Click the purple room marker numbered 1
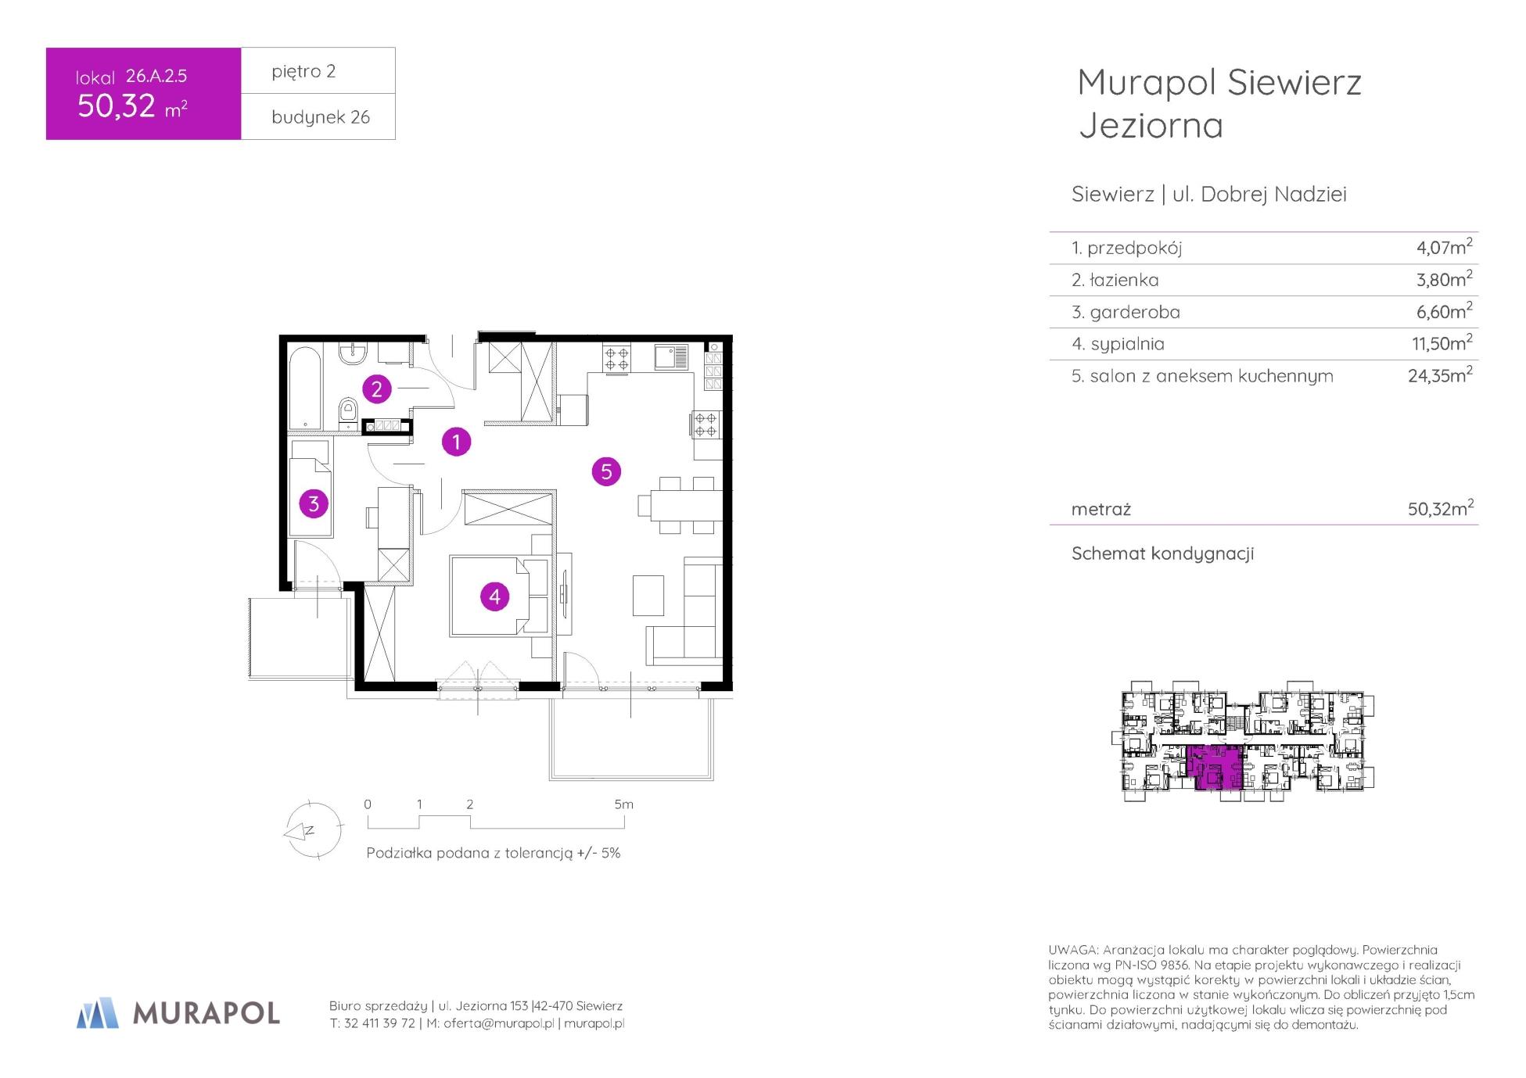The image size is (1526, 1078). pos(457,442)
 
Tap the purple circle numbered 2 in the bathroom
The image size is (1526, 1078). pos(377,389)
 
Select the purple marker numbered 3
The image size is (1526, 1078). pos(314,503)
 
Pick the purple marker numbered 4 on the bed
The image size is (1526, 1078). pos(494,596)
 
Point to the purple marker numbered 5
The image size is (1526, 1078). pos(606,471)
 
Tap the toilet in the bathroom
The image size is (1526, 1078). pos(348,411)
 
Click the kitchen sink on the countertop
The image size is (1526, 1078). pos(671,357)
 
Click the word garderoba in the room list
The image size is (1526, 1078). pos(1135,312)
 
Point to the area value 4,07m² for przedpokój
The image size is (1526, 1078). pos(1444,247)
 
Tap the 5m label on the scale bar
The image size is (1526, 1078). pos(623,804)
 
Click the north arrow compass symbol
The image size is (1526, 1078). pos(312,830)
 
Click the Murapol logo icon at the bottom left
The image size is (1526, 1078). pos(97,1012)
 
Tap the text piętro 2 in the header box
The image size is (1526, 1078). pos(303,71)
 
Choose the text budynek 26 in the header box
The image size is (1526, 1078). pos(321,117)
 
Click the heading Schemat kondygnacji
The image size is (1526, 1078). pos(1162,553)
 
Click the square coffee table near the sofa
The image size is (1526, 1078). pos(648,595)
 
